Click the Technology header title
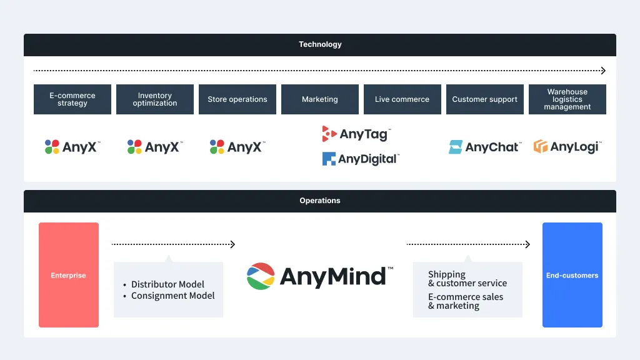(x=320, y=44)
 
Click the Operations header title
(x=320, y=201)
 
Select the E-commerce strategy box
(x=72, y=99)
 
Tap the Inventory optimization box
(x=155, y=99)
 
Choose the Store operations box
(x=237, y=99)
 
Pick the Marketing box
(x=320, y=99)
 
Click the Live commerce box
(x=402, y=99)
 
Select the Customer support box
(x=485, y=99)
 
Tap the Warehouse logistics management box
(x=567, y=99)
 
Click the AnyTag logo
(x=356, y=134)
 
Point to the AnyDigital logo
(x=361, y=159)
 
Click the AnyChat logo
(x=485, y=147)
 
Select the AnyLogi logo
(x=567, y=146)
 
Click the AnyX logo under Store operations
(x=237, y=147)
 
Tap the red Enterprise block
(x=69, y=275)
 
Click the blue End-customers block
(x=572, y=275)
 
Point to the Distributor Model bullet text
(x=167, y=284)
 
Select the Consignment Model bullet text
(x=172, y=296)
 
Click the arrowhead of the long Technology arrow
(x=603, y=71)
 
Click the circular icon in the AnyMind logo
(x=261, y=276)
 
